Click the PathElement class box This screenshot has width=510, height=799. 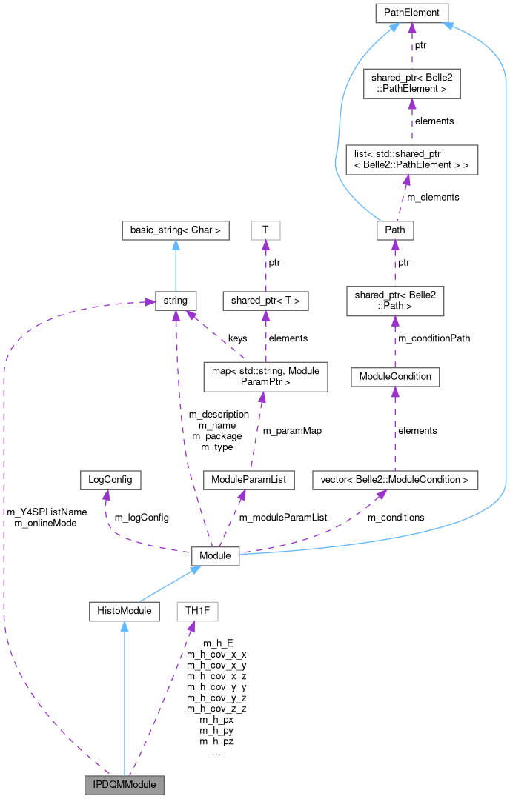tap(411, 13)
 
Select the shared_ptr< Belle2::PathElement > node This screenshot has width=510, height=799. tap(411, 83)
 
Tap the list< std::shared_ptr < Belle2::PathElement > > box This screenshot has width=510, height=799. tap(411, 159)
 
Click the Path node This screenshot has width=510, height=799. tap(394, 230)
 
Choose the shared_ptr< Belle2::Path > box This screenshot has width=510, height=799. tap(394, 301)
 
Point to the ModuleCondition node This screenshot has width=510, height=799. tap(394, 376)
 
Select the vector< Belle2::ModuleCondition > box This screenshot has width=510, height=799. tap(394, 480)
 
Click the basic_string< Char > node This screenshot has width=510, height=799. tap(175, 230)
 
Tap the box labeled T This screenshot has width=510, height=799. tap(265, 230)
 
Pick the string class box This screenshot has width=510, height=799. tap(176, 301)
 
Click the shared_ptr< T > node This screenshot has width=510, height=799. tap(265, 301)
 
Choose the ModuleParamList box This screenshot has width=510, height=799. tap(249, 480)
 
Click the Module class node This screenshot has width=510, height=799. tap(215, 555)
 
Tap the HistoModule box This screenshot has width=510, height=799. tap(124, 611)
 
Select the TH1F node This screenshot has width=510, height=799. tap(197, 611)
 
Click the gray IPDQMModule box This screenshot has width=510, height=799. tap(124, 784)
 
